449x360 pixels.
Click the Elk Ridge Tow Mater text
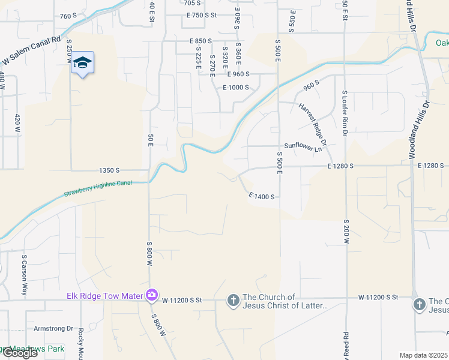pos(104,295)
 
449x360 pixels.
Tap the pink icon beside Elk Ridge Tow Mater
pos(151,295)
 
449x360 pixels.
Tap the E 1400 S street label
pos(261,196)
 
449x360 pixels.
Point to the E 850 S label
pos(200,41)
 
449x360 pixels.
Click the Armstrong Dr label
pos(53,328)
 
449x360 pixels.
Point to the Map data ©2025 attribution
pos(424,355)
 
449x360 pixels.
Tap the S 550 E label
pos(292,20)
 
